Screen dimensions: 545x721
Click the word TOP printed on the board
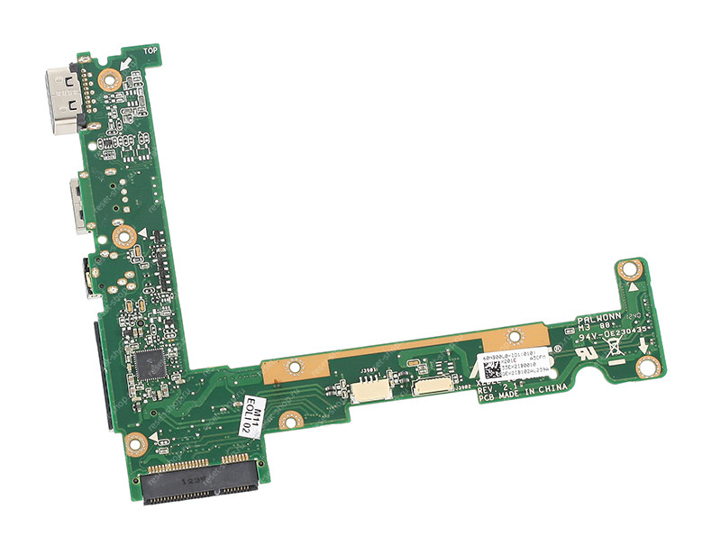tap(150, 52)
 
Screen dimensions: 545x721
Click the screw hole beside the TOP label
tap(110, 78)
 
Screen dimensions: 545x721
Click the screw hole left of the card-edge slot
tap(136, 442)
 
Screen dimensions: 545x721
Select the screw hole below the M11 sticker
tap(290, 419)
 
